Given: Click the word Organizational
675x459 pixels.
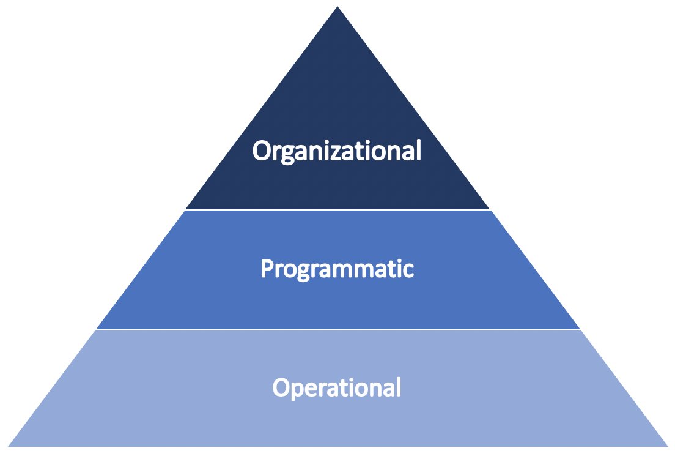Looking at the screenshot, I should pos(337,151).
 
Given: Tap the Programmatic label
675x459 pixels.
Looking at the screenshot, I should pos(337,269).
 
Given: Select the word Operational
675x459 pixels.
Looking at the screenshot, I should pos(337,388).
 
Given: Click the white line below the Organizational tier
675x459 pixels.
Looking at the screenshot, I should pos(337,210).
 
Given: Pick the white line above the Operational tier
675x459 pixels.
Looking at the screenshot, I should pos(337,330).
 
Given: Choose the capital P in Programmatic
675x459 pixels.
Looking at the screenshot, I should pos(266,269).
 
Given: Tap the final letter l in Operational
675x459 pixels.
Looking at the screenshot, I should pos(398,387).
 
